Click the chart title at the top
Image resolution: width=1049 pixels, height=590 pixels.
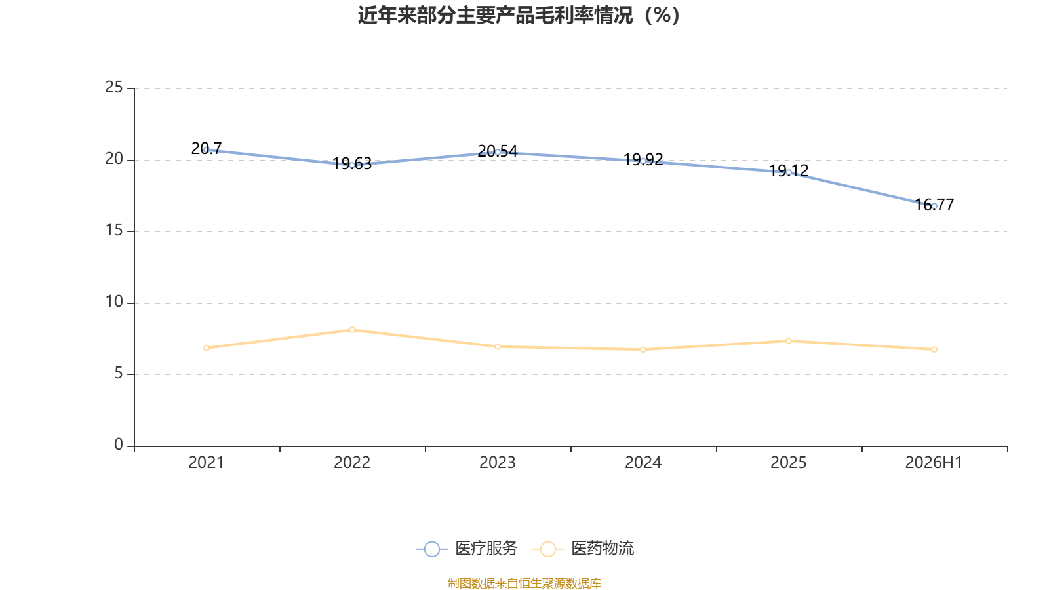(x=519, y=16)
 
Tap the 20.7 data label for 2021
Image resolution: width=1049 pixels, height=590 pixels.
(x=207, y=148)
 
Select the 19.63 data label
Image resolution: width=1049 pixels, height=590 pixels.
(x=351, y=163)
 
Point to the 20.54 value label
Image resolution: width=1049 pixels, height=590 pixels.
(x=498, y=151)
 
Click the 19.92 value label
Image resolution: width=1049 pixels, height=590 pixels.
(x=643, y=160)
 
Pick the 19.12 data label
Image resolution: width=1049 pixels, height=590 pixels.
(x=789, y=171)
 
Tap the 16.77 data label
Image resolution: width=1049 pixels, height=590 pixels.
(x=934, y=205)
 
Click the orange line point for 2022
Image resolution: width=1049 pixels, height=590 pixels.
(x=352, y=330)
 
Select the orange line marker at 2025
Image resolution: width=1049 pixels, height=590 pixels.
(x=789, y=341)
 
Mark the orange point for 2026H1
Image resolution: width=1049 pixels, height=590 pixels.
(x=934, y=350)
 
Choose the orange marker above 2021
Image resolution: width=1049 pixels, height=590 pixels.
(x=207, y=348)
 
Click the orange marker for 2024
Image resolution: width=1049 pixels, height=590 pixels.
(x=643, y=350)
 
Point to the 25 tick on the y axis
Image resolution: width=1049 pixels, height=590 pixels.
(x=114, y=88)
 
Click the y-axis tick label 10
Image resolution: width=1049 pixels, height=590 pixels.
(x=114, y=302)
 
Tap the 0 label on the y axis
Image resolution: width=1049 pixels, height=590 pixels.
(x=119, y=445)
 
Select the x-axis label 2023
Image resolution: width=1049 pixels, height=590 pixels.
(x=498, y=463)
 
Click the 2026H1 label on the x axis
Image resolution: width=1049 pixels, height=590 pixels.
(x=934, y=463)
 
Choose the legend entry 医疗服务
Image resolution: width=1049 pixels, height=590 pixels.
(x=467, y=548)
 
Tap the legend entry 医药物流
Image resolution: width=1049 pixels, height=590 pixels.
(x=583, y=548)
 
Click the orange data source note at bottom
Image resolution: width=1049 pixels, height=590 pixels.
(x=524, y=583)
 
